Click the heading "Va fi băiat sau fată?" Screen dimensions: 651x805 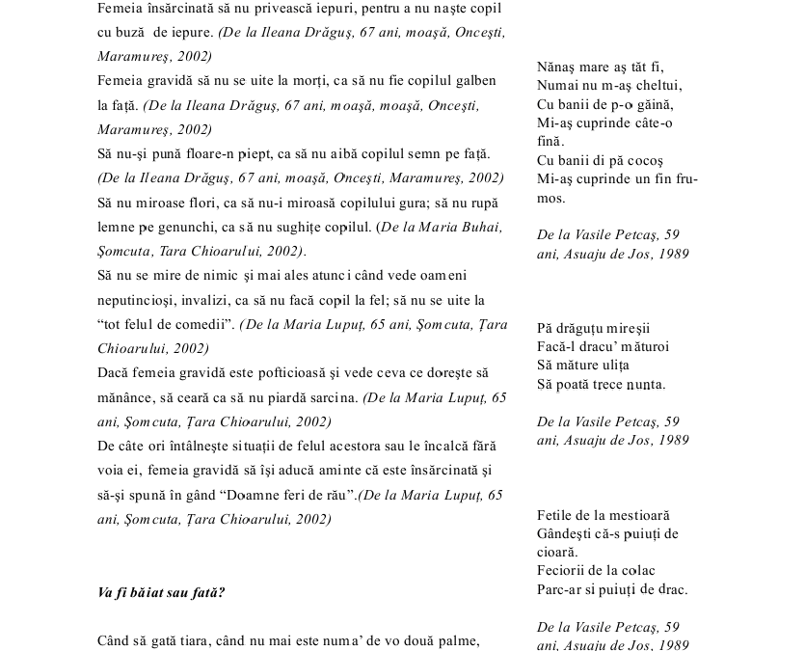click(162, 592)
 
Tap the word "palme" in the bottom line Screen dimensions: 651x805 click(457, 640)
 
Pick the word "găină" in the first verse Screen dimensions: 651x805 click(654, 104)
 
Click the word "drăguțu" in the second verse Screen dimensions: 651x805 click(583, 329)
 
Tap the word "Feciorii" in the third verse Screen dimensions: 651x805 click(564, 571)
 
